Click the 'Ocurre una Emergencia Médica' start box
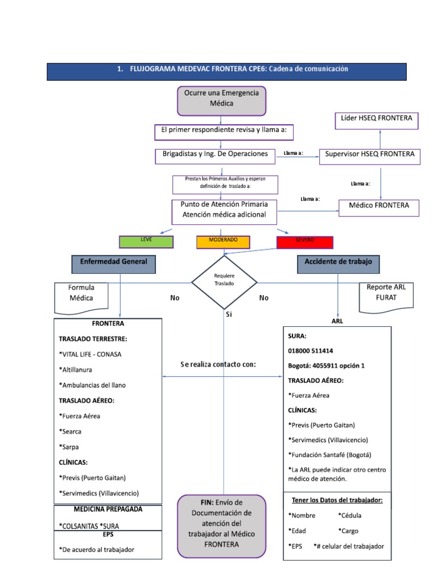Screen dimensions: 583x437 (x=222, y=100)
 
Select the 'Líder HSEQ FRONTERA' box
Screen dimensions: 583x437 (x=376, y=121)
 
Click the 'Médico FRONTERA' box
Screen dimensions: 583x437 (x=378, y=206)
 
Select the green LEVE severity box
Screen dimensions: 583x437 (x=146, y=241)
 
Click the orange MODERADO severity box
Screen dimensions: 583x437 (x=223, y=241)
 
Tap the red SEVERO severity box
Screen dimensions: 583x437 (x=304, y=241)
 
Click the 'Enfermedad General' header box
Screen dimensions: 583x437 (x=114, y=263)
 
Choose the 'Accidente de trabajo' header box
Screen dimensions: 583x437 (x=339, y=263)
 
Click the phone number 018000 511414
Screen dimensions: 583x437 (x=311, y=351)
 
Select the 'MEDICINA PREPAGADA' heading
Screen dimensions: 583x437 (x=108, y=508)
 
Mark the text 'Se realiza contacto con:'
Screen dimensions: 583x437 (x=218, y=365)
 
